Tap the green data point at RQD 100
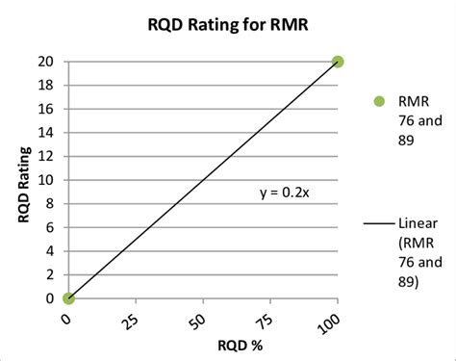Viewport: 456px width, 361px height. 338,62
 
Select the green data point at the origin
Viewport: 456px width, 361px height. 67,298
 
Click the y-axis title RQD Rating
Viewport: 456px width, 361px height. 23,180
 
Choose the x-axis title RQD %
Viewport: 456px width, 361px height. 202,345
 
